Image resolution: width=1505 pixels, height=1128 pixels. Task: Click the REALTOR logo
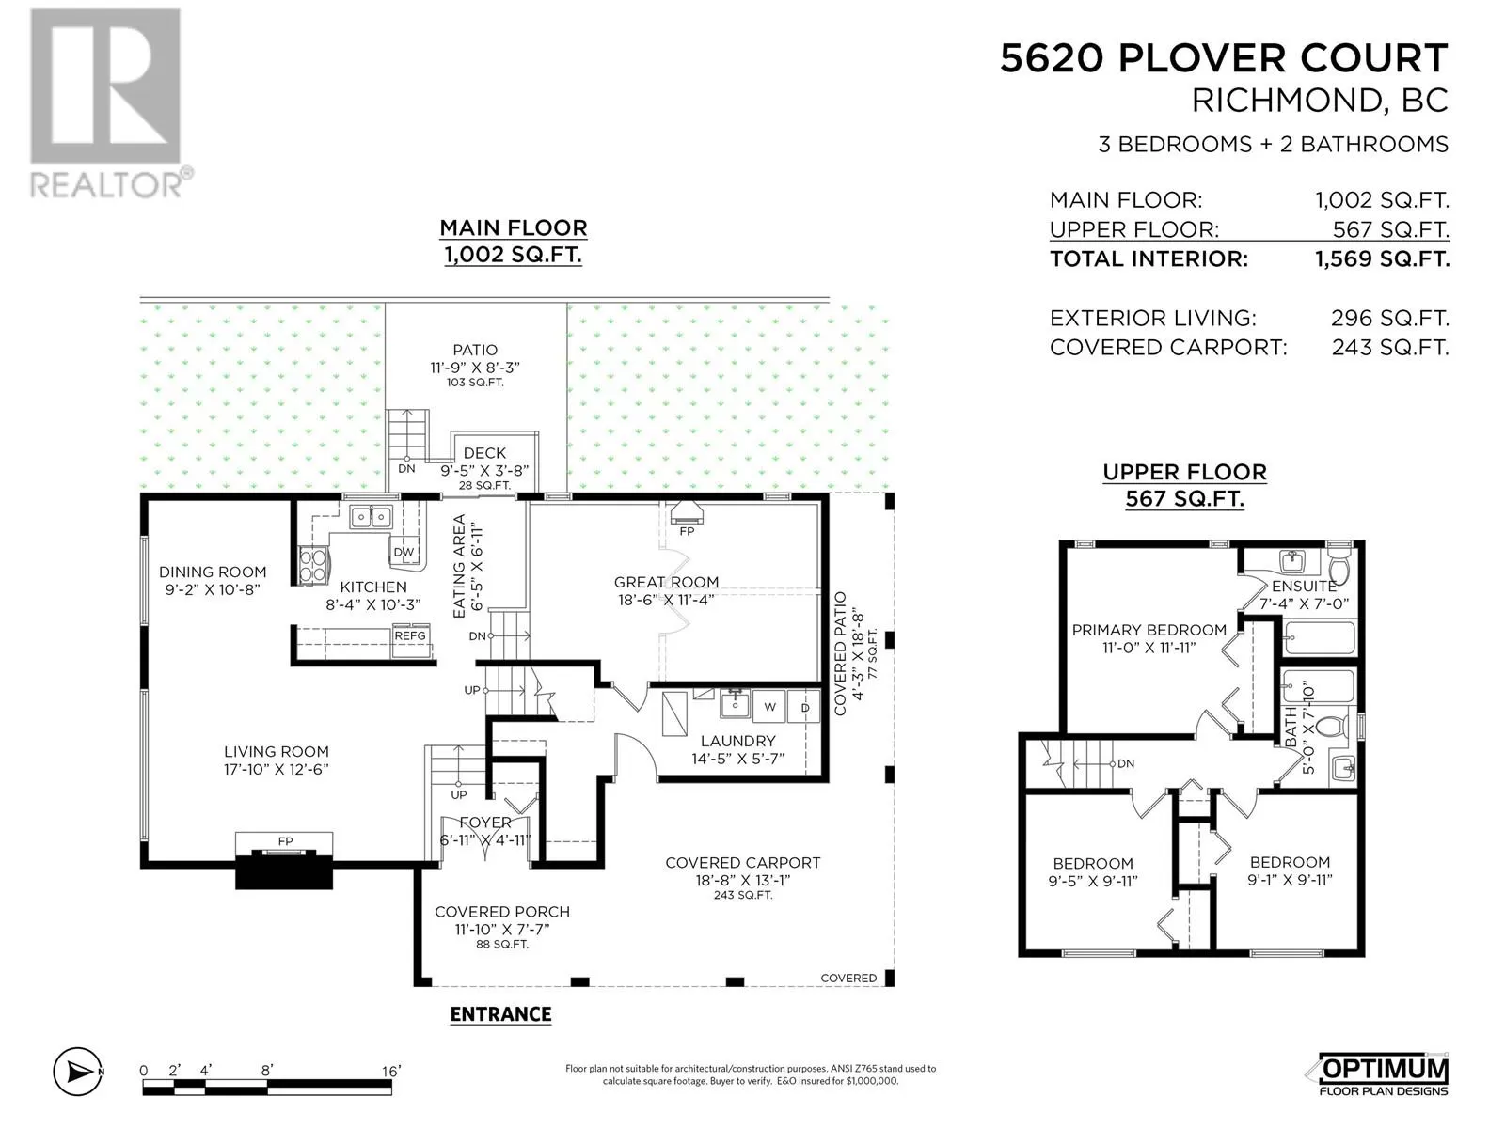pyautogui.click(x=110, y=103)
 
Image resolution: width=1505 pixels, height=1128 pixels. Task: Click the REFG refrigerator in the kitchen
pyautogui.click(x=410, y=640)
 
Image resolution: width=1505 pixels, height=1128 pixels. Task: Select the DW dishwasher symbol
pyautogui.click(x=404, y=552)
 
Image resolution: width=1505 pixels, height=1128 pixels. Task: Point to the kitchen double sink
pyautogui.click(x=371, y=516)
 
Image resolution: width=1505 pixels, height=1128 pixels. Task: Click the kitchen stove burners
pyautogui.click(x=313, y=566)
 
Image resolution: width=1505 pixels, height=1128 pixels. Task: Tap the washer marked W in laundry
pyautogui.click(x=770, y=706)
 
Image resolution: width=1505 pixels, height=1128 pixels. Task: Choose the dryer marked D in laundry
pyautogui.click(x=804, y=706)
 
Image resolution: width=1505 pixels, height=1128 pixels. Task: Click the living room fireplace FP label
pyautogui.click(x=285, y=841)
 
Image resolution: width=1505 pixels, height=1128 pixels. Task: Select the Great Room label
pyautogui.click(x=666, y=582)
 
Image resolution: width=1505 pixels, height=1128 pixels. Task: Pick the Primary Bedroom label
pyautogui.click(x=1149, y=630)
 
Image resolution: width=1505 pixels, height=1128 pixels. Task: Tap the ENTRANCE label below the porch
pyautogui.click(x=500, y=1014)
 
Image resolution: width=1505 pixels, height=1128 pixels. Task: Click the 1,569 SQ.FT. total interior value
pyautogui.click(x=1383, y=258)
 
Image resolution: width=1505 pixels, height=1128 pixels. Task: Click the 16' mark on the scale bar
pyautogui.click(x=390, y=1071)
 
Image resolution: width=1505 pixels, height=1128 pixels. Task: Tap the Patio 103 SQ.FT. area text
pyautogui.click(x=474, y=383)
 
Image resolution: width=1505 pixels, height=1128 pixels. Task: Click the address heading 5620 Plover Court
pyautogui.click(x=1224, y=57)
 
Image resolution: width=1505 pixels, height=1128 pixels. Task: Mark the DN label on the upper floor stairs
pyautogui.click(x=1125, y=763)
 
